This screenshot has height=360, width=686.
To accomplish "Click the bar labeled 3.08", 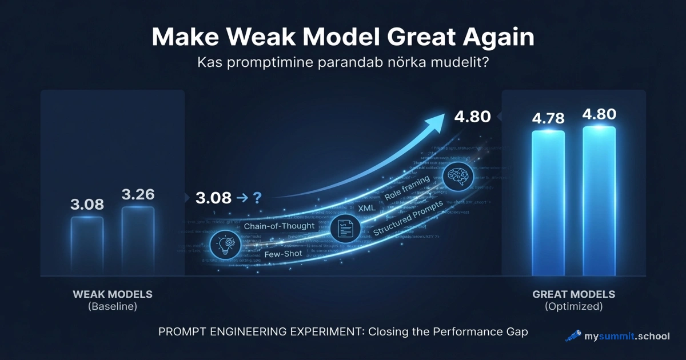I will pos(87,246).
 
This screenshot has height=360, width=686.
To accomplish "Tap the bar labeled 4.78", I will pos(548,203).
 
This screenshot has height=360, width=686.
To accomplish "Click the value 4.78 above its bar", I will pos(548,119).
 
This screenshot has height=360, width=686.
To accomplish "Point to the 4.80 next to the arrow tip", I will pos(472,117).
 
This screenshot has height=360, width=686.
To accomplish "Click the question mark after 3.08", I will pos(257,198).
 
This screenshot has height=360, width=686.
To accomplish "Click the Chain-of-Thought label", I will pos(279,226).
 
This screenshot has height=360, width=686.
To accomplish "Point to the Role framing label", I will pos(406,188).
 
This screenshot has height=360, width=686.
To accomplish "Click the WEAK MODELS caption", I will pos(113,294).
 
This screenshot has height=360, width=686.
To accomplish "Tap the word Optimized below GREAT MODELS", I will pos(573,306).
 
